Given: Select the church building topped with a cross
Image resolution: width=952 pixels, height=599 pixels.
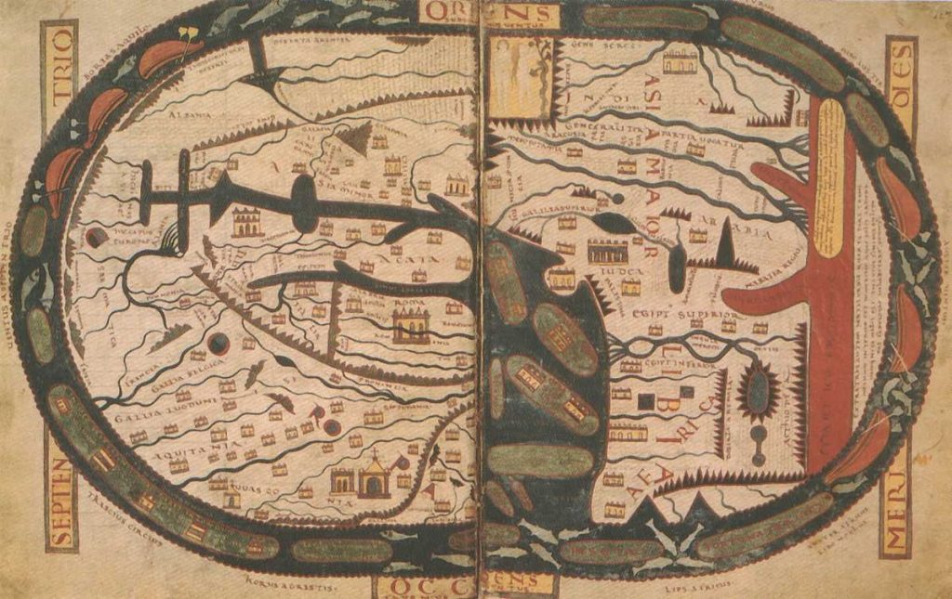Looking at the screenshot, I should (x=375, y=475).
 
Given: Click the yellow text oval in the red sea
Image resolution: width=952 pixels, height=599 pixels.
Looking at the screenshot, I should (x=828, y=176).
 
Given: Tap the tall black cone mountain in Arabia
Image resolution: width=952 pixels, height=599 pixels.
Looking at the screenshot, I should (x=725, y=244).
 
